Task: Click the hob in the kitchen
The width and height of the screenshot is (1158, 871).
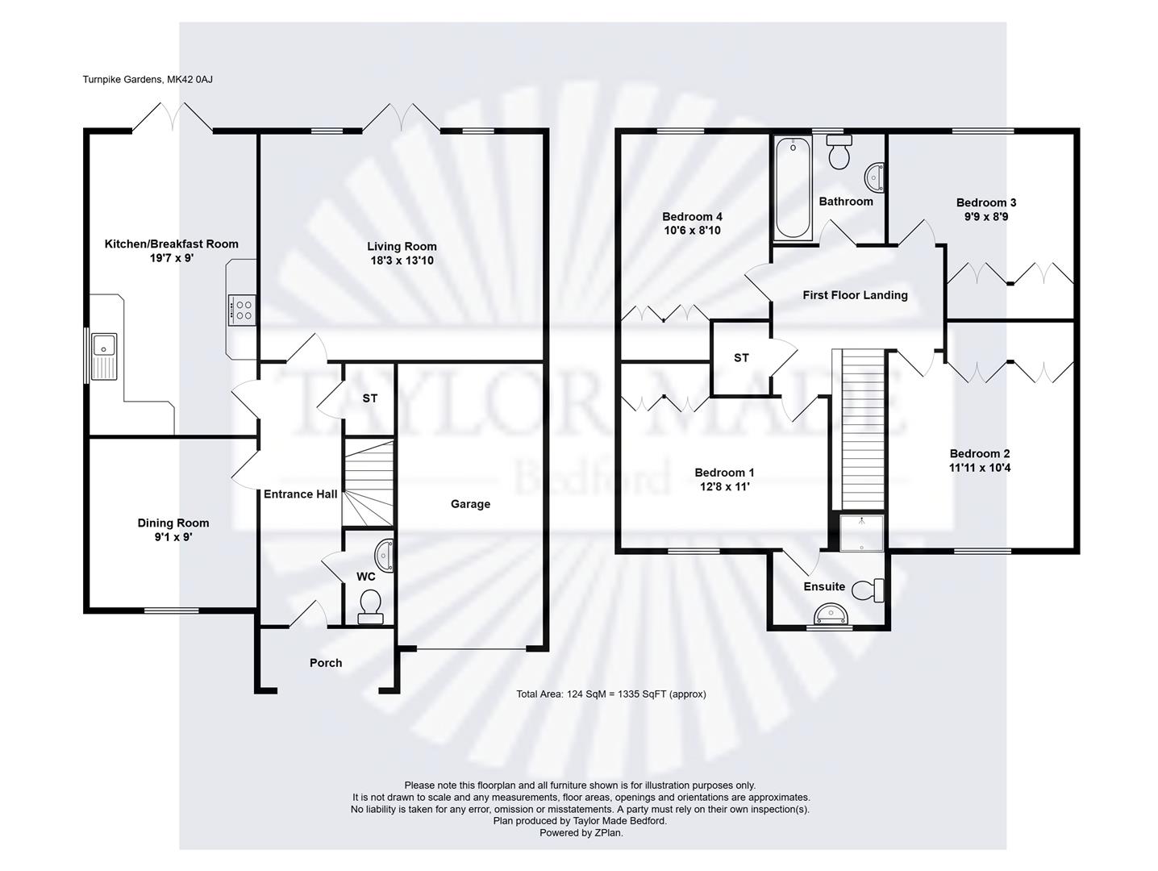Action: [242, 310]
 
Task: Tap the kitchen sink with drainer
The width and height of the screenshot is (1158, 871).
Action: [104, 356]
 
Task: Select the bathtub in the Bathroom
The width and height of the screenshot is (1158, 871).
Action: [793, 188]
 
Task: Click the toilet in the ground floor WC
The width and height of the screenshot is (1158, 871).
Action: [370, 606]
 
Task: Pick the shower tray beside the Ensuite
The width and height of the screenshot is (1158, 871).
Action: [861, 533]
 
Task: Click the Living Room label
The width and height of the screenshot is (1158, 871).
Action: [402, 246]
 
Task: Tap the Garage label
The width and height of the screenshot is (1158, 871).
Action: [470, 504]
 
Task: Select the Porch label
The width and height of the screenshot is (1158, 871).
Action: [326, 663]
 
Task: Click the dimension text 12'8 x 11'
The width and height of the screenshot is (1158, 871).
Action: [725, 486]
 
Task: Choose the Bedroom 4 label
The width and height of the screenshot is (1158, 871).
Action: [692, 216]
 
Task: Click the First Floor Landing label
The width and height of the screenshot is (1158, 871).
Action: [855, 295]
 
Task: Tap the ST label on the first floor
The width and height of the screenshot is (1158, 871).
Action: [741, 358]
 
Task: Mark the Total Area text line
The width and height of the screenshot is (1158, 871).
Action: [611, 694]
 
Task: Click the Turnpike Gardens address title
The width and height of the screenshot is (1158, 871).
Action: [148, 80]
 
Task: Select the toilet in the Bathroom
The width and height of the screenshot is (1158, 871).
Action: [839, 152]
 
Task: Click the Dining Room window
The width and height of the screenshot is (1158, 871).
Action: [172, 611]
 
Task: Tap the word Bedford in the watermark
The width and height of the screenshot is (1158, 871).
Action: [593, 478]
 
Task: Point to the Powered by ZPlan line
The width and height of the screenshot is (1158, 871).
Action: [581, 833]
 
